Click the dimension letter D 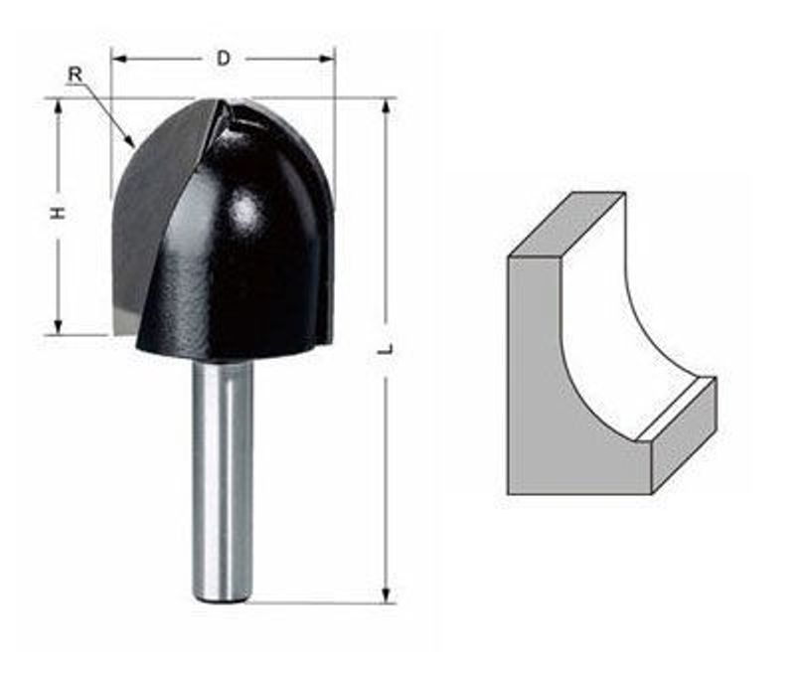click(x=223, y=59)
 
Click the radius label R click(x=76, y=76)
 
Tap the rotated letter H click(x=59, y=214)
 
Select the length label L click(x=387, y=349)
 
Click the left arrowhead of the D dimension click(x=118, y=60)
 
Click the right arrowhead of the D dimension click(x=327, y=60)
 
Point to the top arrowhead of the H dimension click(x=59, y=105)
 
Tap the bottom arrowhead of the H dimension click(x=59, y=327)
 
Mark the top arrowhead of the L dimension click(x=387, y=106)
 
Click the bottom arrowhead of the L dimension click(x=387, y=595)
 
